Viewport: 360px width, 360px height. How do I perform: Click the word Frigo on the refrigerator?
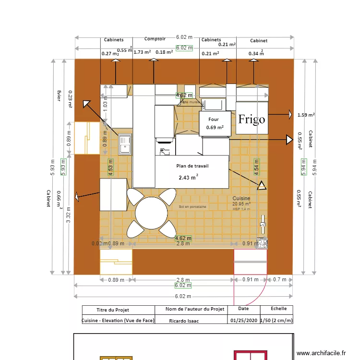pos(252,119)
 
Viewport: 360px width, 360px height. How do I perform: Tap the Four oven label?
pos(213,120)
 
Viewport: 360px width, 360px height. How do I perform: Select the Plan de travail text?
pos(192,166)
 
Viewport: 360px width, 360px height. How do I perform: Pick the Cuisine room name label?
pos(241,198)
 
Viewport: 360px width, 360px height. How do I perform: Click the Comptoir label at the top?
pos(155,39)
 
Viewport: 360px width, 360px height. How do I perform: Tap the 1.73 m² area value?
pos(142,52)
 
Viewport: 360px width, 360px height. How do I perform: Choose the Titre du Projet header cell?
pos(113,310)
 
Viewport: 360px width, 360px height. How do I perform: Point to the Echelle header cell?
pos(278,310)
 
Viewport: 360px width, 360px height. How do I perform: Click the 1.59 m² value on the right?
pos(306,115)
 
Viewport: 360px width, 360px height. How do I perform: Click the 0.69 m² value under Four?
pos(215,128)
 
